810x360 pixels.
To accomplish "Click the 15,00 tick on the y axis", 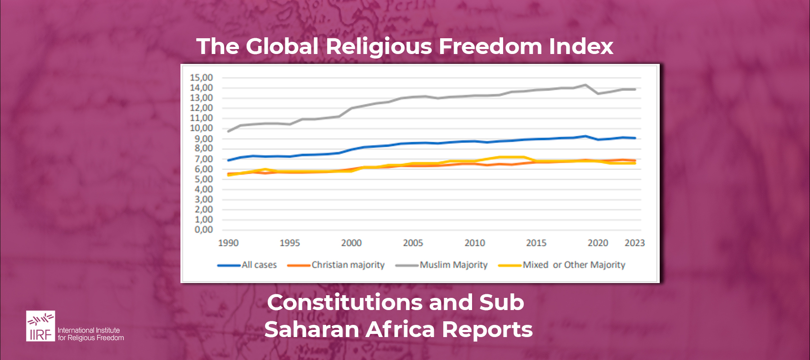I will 201,77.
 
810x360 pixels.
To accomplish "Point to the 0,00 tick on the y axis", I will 203,229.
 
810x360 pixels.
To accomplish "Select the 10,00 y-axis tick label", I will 201,128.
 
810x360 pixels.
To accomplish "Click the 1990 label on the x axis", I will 228,243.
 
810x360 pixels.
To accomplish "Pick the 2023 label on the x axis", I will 634,243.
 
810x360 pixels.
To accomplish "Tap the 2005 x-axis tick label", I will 413,243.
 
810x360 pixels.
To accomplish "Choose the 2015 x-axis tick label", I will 536,243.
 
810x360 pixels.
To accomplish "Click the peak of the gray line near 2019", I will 585,85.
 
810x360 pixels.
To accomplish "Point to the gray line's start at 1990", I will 229,131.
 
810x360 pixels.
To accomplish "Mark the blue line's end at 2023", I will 635,138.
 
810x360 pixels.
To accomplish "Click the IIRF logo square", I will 40,326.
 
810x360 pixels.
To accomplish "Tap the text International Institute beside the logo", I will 89,330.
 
